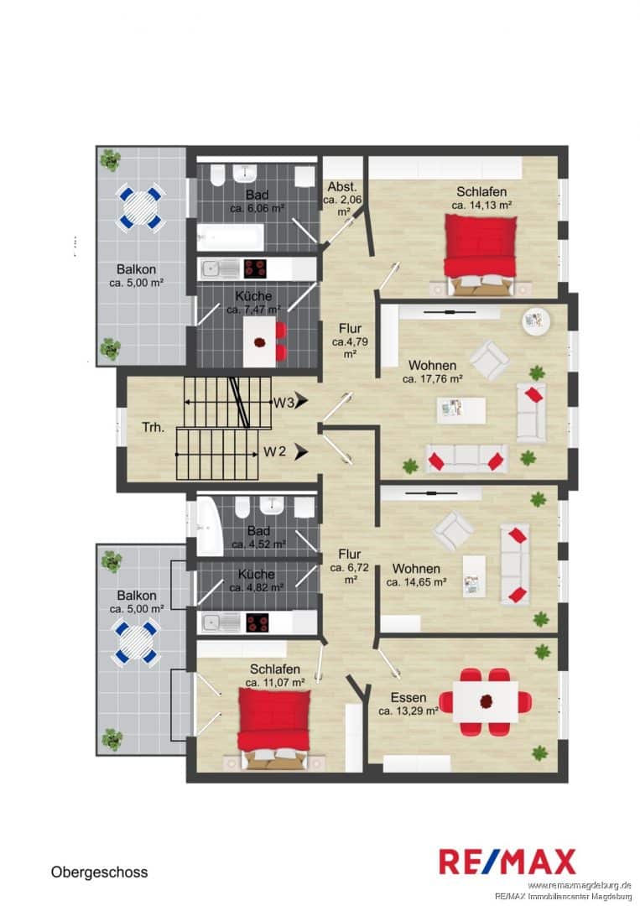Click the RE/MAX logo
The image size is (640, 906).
(507, 862)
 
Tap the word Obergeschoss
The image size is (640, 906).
(99, 872)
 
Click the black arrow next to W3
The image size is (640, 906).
(300, 401)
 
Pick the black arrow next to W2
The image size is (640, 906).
(300, 452)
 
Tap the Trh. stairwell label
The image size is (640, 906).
(153, 428)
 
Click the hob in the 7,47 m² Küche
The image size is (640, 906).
(255, 268)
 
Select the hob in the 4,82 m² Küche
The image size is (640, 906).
(258, 622)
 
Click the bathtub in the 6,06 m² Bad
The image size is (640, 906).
(231, 237)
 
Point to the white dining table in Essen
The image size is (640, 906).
(485, 701)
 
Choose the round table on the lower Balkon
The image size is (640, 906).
(136, 642)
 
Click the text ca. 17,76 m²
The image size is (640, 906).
(433, 379)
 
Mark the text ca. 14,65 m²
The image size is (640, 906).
(416, 582)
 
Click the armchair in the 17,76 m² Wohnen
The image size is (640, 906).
(489, 360)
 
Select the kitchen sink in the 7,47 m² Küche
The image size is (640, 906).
(220, 268)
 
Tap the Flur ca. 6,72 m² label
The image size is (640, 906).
(350, 567)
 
